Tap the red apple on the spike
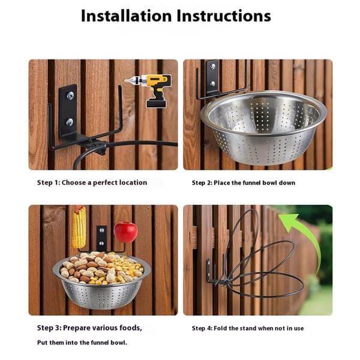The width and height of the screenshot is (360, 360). pos(126,232)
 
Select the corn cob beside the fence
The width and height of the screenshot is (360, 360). pos(79,227)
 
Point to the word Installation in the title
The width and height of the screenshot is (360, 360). pos(126,16)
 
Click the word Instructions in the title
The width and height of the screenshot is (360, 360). pos(224,16)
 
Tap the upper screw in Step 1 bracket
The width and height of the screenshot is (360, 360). pos(70,95)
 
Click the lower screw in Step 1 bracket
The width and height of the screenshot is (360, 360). pos(70,122)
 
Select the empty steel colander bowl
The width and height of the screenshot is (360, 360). pos(263,127)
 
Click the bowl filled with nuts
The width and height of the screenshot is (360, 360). pos(101,280)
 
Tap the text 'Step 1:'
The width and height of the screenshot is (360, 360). pos(49,183)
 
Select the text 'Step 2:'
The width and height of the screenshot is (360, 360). pos(202,183)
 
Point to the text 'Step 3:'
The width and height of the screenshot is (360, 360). pos(49,328)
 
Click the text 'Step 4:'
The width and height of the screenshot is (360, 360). pos(202,328)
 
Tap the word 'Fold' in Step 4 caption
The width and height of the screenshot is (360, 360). pos(220,328)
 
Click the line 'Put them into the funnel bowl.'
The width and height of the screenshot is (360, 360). pos(82,343)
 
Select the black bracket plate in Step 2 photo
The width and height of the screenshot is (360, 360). pos(212,77)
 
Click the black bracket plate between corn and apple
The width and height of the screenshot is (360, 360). pos(101,238)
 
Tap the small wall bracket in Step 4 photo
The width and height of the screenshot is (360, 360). pos(208,271)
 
